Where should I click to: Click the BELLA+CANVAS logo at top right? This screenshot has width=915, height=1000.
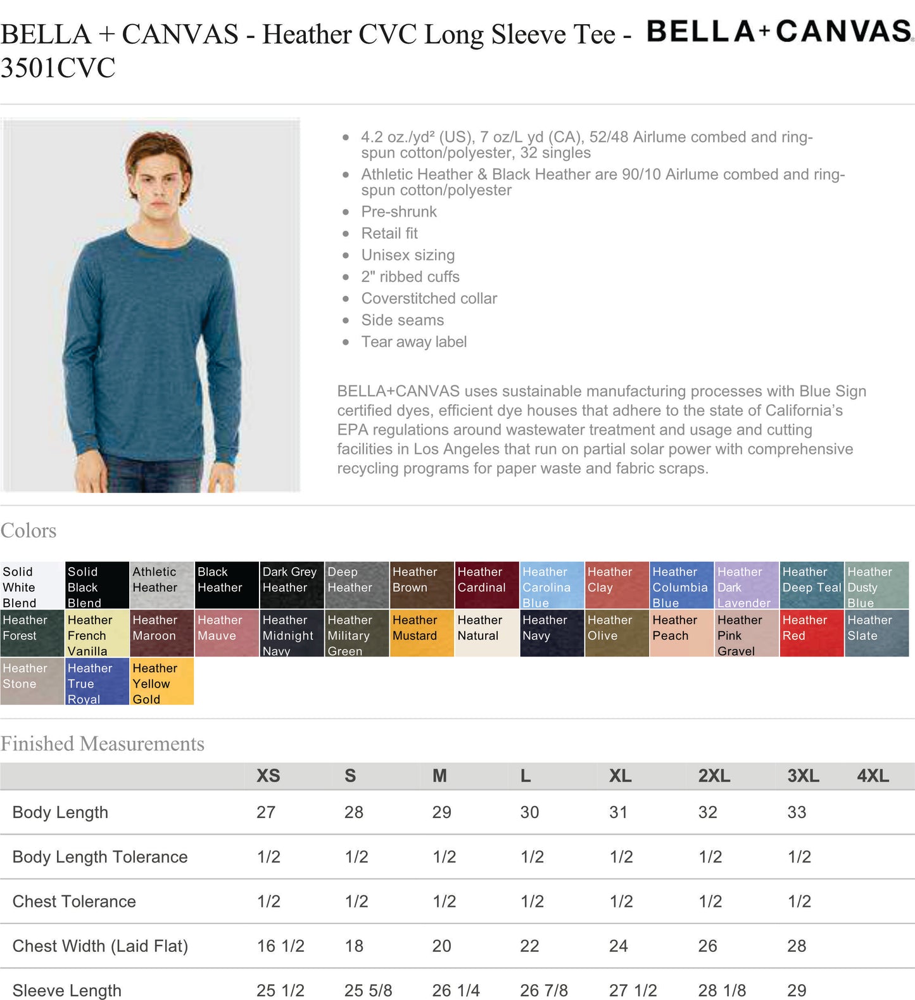pos(779,32)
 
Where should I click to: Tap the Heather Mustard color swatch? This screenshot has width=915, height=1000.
pos(422,632)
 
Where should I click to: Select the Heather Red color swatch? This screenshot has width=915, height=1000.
pos(812,632)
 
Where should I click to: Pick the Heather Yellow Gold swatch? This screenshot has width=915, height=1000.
pos(161,681)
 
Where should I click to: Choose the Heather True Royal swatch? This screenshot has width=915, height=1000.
pos(97,681)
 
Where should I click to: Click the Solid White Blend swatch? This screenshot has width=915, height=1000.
pos(32,585)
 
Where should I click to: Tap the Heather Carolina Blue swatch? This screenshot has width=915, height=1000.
pos(552,585)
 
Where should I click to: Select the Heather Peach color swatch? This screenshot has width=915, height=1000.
pos(681,632)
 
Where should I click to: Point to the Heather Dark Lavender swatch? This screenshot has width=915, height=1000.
pos(746,585)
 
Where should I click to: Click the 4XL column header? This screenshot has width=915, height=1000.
pos(873,776)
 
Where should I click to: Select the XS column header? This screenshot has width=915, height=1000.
pos(268,776)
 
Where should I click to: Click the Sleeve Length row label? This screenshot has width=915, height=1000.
pos(66,990)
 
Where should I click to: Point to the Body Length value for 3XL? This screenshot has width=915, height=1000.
pos(797,812)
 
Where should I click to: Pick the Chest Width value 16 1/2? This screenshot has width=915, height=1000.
pos(281,946)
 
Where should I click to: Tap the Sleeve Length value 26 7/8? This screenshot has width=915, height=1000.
pos(544,990)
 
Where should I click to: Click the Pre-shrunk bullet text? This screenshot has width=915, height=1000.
pos(399,212)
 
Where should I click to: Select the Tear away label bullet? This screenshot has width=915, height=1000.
pos(413,342)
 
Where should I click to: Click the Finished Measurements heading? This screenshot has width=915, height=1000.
pos(103,743)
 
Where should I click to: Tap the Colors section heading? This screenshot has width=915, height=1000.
pos(28,530)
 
